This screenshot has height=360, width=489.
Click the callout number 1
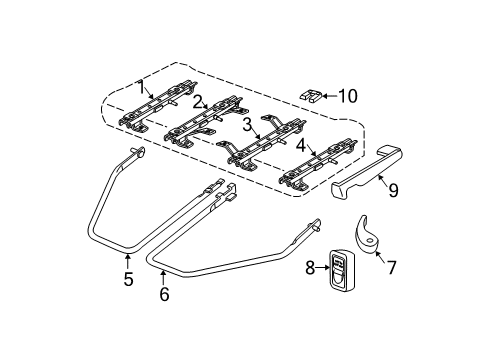143,88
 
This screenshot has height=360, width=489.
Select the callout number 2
199,100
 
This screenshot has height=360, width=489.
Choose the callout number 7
391,268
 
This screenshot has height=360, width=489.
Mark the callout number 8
309,268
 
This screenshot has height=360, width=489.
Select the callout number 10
348,97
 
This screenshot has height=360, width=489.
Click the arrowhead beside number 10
327,97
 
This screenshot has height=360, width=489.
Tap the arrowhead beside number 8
323,268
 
